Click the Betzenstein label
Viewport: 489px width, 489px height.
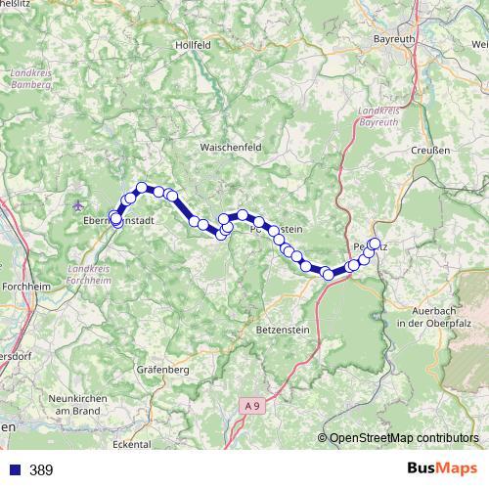tap(282, 331)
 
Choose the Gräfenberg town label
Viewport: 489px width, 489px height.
tap(163, 371)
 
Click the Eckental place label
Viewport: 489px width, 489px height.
tap(132, 444)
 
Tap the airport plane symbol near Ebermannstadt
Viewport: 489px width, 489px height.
tap(78, 204)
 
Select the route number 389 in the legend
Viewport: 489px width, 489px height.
tap(41, 470)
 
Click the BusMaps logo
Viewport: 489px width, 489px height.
tap(441, 469)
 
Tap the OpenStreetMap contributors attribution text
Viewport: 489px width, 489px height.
tap(402, 438)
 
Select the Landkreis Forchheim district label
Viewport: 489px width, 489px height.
tap(91, 274)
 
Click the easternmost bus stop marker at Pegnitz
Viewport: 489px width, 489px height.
tap(375, 244)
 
